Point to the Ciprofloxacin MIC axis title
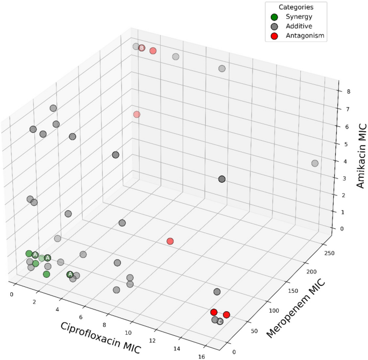[x=101, y=337]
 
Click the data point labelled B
[x=142, y=48]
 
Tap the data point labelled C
[x=220, y=321]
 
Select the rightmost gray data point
[x=315, y=163]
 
